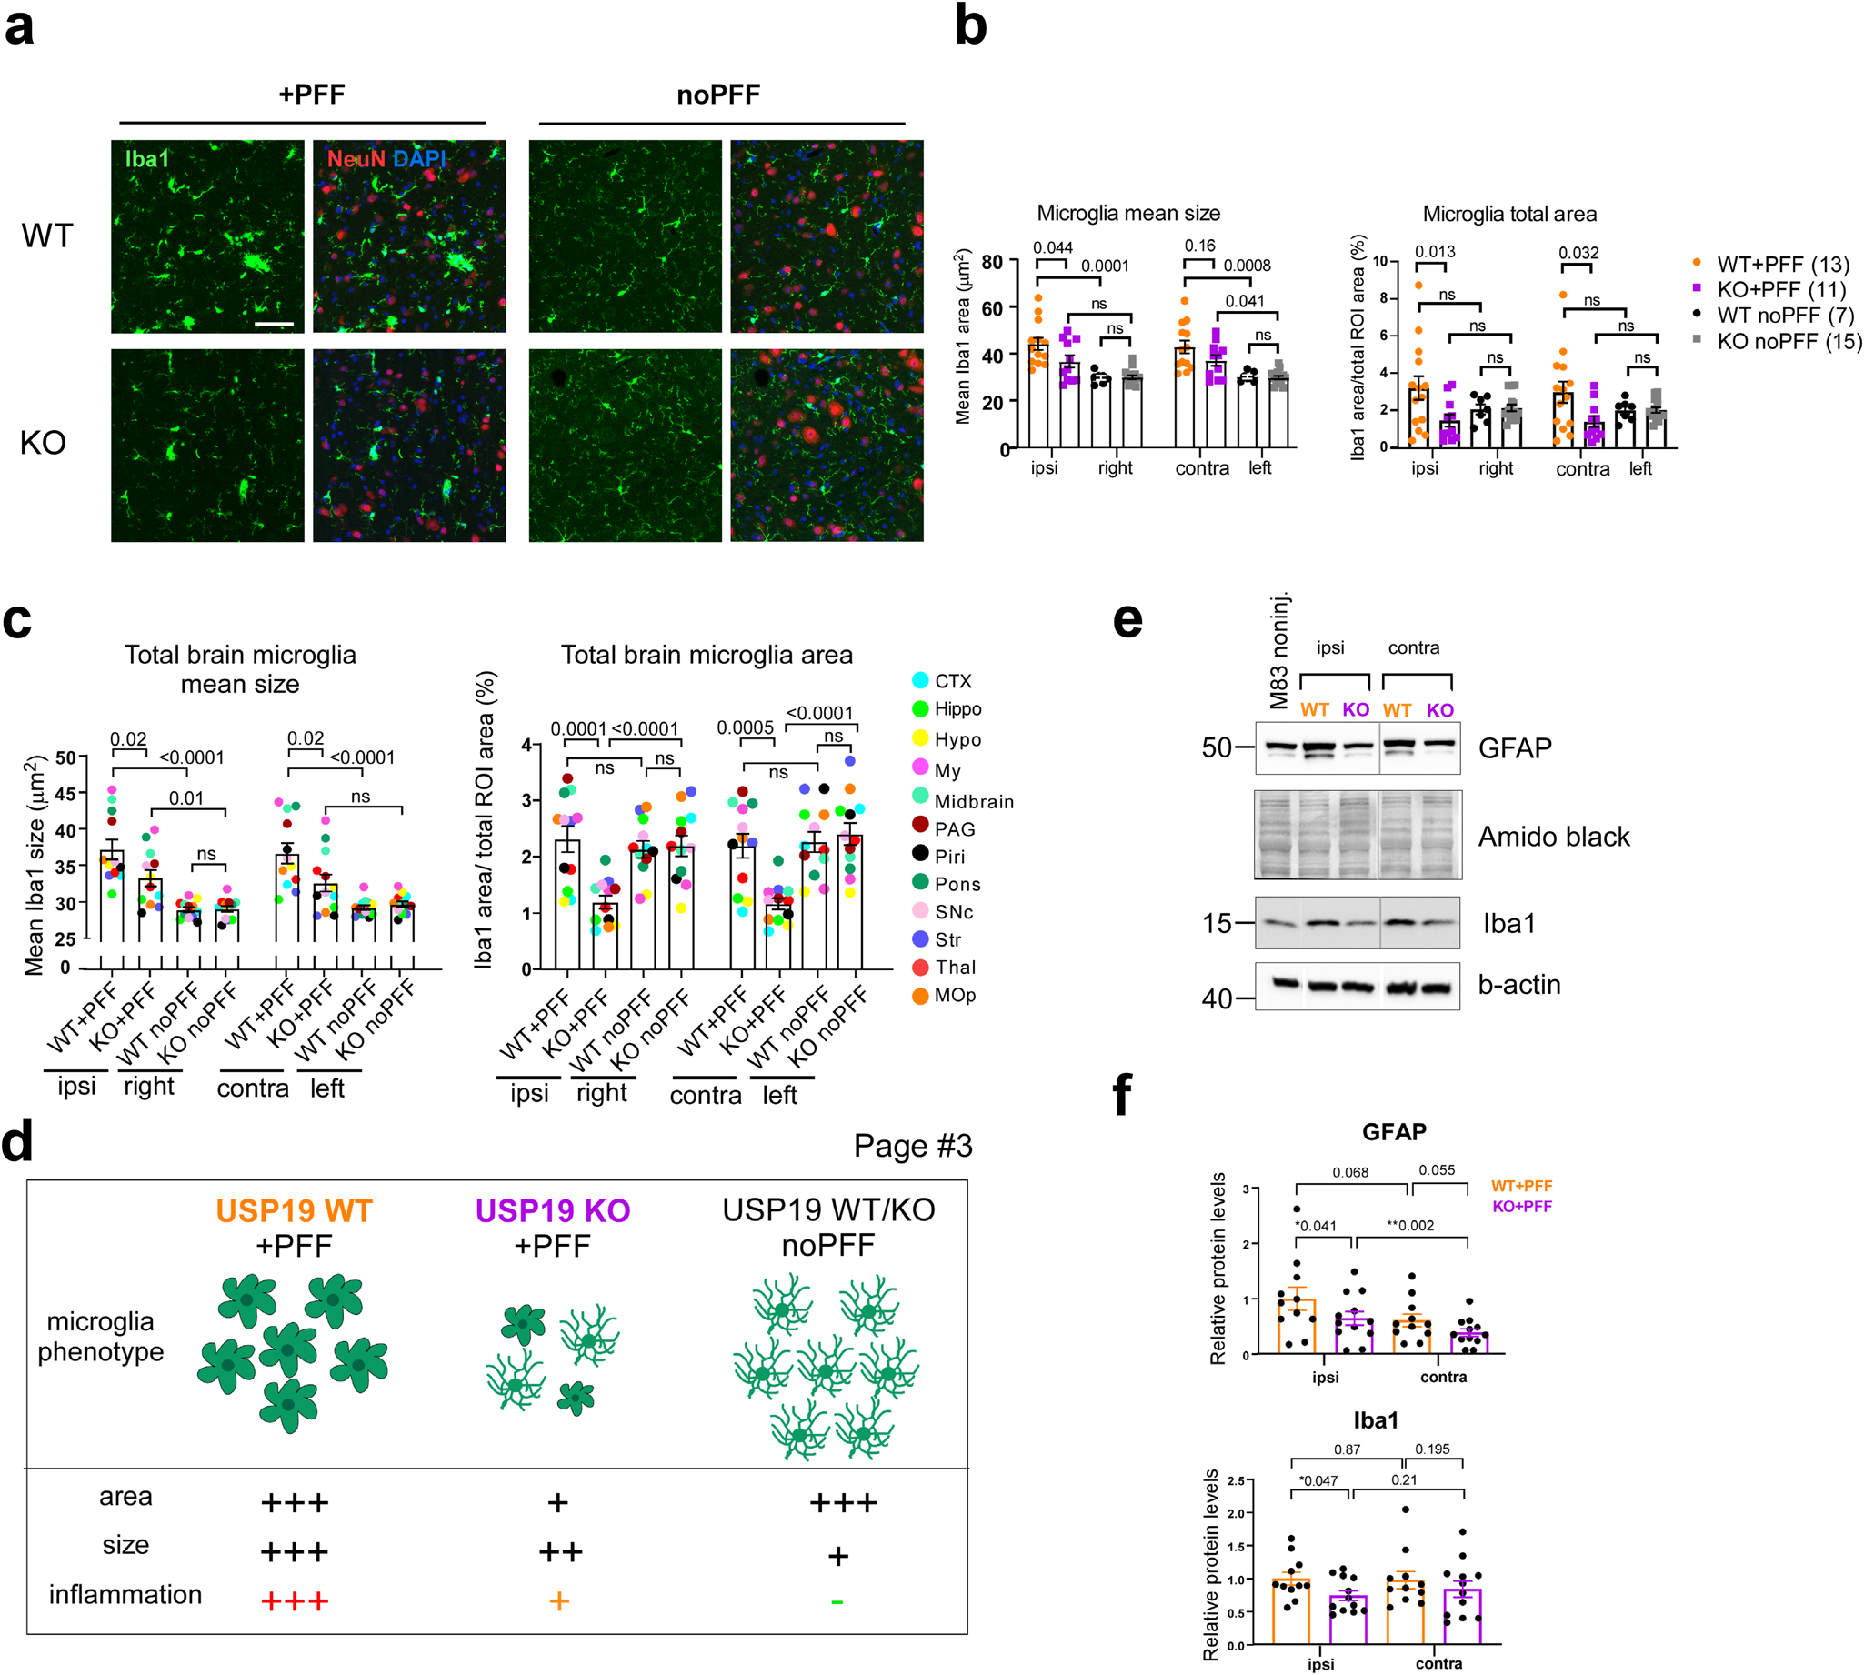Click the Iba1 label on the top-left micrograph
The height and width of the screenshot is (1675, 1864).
(147, 159)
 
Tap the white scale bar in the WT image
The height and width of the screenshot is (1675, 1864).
(274, 324)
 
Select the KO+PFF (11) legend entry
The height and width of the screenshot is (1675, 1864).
(1779, 289)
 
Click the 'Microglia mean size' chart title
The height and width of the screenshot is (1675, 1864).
(1128, 214)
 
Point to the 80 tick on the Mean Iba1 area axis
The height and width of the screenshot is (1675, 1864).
(992, 262)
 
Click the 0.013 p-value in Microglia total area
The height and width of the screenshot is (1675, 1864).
(1434, 251)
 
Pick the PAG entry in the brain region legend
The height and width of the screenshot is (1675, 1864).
(953, 828)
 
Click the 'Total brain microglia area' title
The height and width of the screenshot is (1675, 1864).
(707, 655)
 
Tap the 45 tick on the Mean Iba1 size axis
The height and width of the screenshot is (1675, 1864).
(65, 793)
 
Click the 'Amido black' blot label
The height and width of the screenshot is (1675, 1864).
(1553, 837)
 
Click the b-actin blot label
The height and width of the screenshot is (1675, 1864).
(1519, 985)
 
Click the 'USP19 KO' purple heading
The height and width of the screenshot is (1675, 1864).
(552, 1210)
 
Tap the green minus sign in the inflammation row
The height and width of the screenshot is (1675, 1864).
(837, 1602)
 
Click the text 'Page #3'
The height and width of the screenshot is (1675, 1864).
(912, 1146)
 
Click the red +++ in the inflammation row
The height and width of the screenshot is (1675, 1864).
(294, 1601)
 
